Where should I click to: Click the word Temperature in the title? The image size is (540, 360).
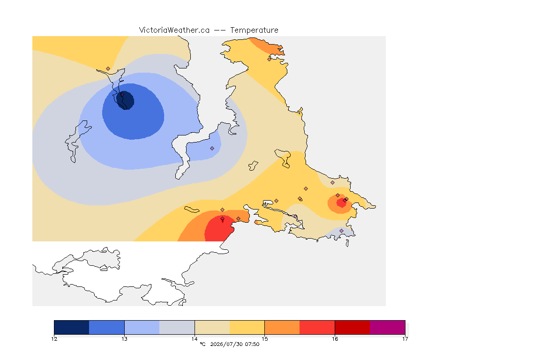(x=254, y=30)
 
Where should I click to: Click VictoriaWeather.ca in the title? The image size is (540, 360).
(x=174, y=30)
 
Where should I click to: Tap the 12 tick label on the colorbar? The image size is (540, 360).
(x=54, y=339)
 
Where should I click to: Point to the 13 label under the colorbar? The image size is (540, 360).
(x=124, y=339)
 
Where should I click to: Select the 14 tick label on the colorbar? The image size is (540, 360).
(x=195, y=339)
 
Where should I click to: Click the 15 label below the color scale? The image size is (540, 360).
(x=264, y=339)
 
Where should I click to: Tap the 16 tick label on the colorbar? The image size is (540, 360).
(x=335, y=339)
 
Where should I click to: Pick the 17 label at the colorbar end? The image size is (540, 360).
(x=405, y=339)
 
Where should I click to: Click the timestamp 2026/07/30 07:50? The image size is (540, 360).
(x=234, y=344)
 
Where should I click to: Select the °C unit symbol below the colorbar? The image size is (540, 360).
(x=202, y=344)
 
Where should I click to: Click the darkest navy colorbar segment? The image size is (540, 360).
(x=72, y=327)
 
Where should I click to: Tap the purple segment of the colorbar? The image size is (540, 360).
(x=388, y=327)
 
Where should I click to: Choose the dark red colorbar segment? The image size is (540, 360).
(x=352, y=327)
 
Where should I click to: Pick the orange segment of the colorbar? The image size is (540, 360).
(x=282, y=327)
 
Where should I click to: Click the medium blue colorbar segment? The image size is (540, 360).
(x=107, y=327)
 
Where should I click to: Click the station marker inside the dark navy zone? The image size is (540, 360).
(x=122, y=94)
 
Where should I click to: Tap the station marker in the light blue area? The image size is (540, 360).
(x=212, y=149)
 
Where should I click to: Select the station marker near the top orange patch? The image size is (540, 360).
(x=270, y=59)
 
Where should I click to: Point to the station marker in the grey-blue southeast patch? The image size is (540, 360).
(x=341, y=231)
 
